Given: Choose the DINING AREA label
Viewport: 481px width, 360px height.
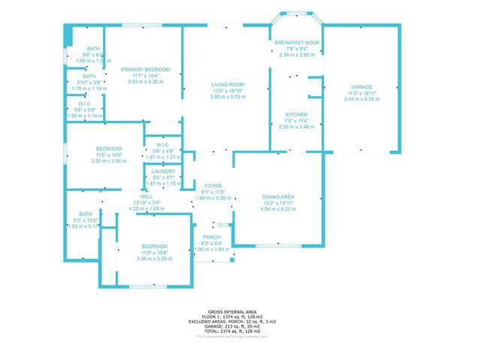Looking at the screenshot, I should pos(278,198).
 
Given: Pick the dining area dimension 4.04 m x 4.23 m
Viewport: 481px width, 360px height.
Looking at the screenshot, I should pos(278,208).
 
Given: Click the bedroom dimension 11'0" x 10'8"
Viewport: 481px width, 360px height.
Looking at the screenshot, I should pos(155,253).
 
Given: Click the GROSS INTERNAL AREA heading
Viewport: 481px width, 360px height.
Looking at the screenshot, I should pos(240,311).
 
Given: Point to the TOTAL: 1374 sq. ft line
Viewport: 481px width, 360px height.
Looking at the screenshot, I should pos(240,331).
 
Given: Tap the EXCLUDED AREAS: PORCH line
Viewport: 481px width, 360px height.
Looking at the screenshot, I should pos(240,321).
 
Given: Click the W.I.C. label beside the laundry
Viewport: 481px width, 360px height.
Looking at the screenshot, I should pos(162,144).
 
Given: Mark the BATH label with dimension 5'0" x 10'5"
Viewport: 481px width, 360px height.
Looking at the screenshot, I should pos(85,214).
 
